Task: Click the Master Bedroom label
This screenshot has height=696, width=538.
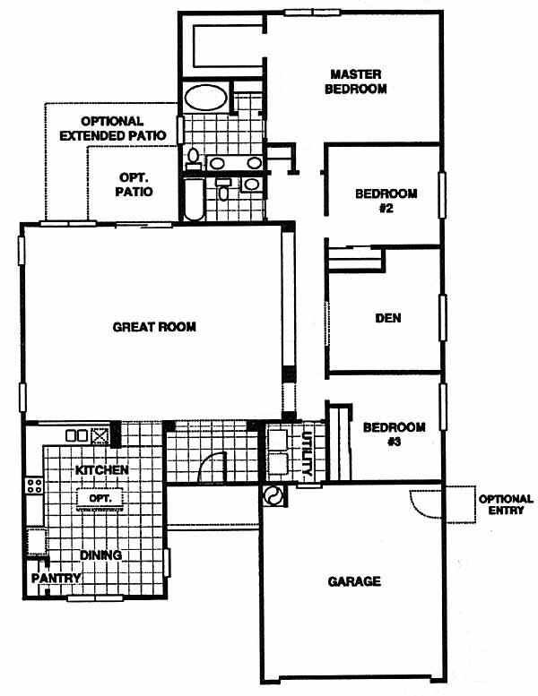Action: tap(355, 82)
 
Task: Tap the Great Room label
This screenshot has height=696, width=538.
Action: tap(154, 327)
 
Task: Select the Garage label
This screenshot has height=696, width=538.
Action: tap(354, 581)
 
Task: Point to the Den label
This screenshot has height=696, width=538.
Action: tap(388, 318)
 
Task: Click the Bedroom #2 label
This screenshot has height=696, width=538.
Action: tap(386, 201)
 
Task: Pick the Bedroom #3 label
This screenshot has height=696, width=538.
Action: tap(394, 434)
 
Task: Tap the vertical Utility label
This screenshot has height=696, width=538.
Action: tap(307, 453)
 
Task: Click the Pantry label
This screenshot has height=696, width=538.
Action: tap(56, 578)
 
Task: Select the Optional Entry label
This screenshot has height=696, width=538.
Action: tap(506, 504)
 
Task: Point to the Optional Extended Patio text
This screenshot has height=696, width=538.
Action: tap(113, 128)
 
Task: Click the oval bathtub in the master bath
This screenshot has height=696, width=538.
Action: tap(205, 98)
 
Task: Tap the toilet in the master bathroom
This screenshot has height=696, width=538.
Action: tap(194, 159)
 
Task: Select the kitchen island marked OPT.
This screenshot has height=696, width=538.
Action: tap(100, 499)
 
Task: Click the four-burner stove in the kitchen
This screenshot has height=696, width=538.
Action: tap(34, 485)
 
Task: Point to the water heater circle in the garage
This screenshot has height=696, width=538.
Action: tap(273, 496)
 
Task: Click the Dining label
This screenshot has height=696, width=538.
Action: tap(100, 554)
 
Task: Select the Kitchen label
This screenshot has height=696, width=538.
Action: tap(101, 469)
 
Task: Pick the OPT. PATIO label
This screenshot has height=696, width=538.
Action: tap(134, 185)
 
